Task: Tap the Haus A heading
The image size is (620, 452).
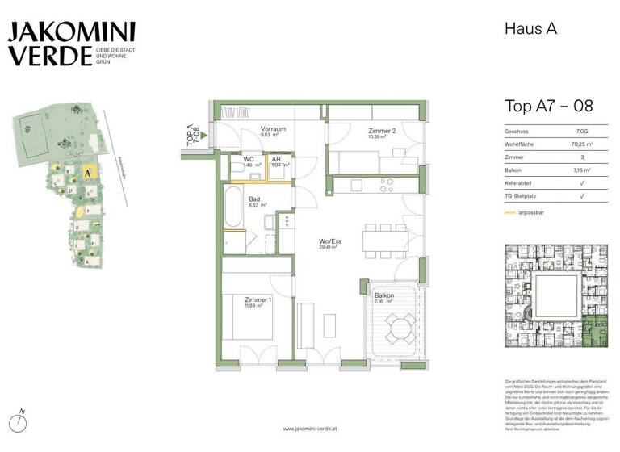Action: pos(531,29)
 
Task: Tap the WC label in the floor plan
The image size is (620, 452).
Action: pos(249,159)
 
